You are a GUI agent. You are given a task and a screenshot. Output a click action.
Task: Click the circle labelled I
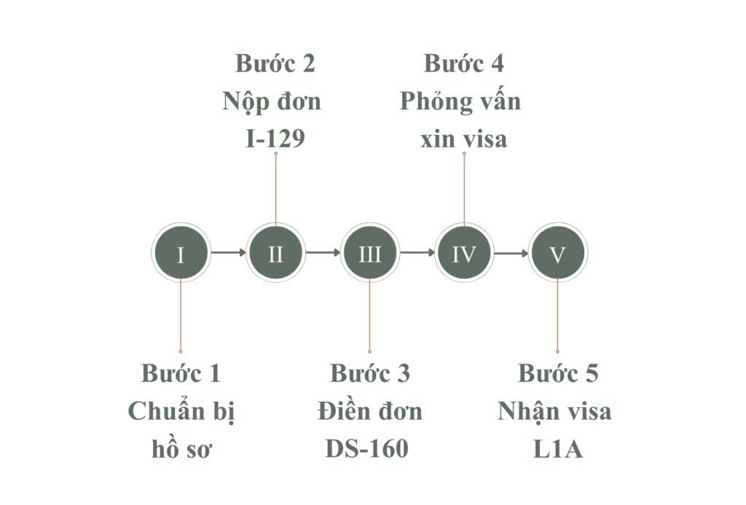click(x=181, y=254)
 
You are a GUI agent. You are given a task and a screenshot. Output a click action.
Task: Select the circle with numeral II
click(x=275, y=254)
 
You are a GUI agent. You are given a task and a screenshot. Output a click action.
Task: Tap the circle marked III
click(x=369, y=254)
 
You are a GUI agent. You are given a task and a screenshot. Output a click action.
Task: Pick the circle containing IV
click(x=464, y=254)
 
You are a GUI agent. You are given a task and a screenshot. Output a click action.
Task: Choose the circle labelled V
click(x=557, y=254)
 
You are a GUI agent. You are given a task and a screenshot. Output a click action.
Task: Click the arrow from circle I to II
click(x=228, y=254)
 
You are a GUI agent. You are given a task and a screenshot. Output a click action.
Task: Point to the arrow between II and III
click(x=323, y=254)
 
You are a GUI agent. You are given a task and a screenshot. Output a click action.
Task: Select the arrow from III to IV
click(x=417, y=254)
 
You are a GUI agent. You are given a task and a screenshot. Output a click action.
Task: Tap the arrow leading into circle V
click(x=511, y=254)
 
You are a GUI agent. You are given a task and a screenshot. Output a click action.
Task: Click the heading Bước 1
click(x=181, y=374)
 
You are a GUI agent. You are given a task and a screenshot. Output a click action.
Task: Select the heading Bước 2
click(x=275, y=63)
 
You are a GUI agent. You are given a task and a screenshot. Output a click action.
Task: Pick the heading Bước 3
click(x=370, y=374)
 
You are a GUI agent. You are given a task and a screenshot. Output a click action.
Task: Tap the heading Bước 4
click(x=464, y=63)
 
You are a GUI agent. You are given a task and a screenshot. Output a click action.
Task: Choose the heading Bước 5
click(x=558, y=374)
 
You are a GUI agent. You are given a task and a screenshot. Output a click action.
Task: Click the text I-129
click(x=275, y=138)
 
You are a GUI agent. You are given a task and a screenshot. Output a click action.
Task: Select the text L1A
click(x=558, y=449)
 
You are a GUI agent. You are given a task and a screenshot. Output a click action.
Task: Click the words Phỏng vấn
click(x=460, y=101)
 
